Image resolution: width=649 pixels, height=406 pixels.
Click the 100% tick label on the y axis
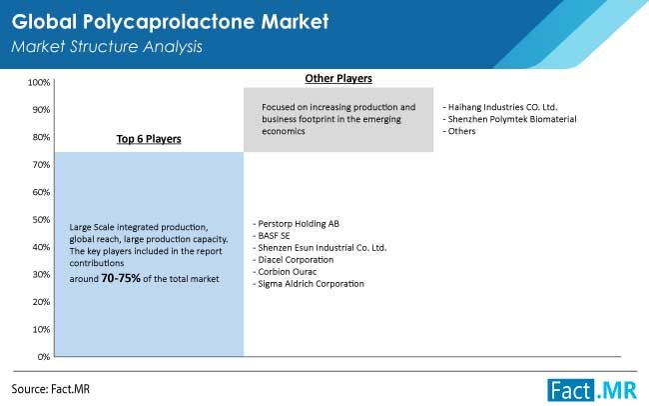pos(39,83)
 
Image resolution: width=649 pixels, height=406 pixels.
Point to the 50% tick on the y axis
pos(41,220)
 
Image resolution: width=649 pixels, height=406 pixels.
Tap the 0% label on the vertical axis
pos(44,357)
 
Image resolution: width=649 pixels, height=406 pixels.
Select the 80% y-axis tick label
pos(41,137)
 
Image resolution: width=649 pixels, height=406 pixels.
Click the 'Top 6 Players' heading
pos(149,139)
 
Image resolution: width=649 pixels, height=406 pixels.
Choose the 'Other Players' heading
pos(338,78)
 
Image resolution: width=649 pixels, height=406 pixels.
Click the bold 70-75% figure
pos(121,278)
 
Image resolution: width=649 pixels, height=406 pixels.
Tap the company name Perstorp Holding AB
pos(299,224)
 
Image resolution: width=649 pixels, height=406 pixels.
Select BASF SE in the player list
pos(274,236)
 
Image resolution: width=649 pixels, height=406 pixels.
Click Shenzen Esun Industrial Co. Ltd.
pos(323,248)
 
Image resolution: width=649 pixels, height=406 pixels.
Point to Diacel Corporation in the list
pos(296,260)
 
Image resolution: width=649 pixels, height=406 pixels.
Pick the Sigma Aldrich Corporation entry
pos(311,284)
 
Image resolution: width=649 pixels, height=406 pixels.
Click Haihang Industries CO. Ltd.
pos(502,107)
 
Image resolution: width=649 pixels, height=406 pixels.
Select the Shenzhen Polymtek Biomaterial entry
pos(512,119)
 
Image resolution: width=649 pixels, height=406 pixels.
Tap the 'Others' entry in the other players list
pos(461,131)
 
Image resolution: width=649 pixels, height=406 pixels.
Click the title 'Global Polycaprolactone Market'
pos(170,22)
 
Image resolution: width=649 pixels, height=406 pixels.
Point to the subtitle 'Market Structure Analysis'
pos(107,46)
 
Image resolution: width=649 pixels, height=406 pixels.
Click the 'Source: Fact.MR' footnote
pos(51,389)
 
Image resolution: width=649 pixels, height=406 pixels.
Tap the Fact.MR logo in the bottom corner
pos(592,390)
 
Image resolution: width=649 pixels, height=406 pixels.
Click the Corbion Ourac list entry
pos(288,272)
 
